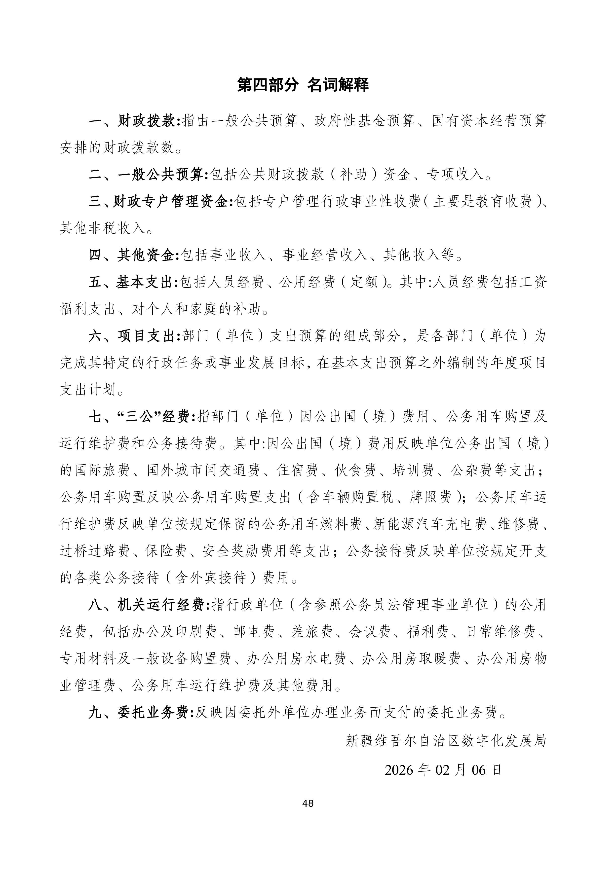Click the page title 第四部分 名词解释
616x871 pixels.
pyautogui.click(x=303, y=85)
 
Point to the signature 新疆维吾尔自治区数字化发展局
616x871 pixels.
pyautogui.click(x=446, y=740)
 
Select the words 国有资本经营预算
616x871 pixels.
pyautogui.click(x=490, y=121)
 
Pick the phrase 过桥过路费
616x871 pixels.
pyautogui.click(x=94, y=551)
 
